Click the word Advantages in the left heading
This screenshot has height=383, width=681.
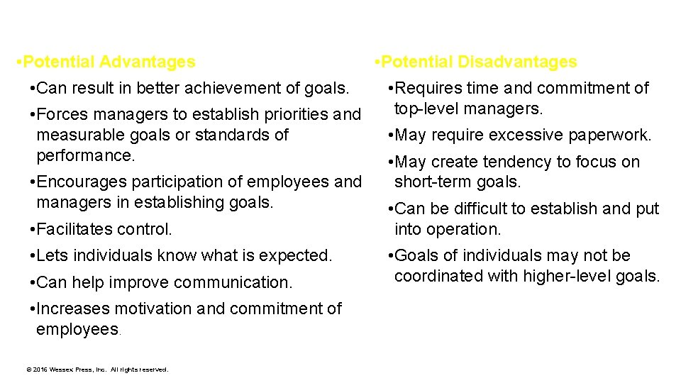(147, 62)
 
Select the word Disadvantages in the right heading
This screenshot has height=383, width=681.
(516, 62)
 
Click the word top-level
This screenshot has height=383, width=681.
(429, 109)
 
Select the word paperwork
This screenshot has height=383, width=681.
(610, 135)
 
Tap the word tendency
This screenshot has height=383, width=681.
(521, 162)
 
